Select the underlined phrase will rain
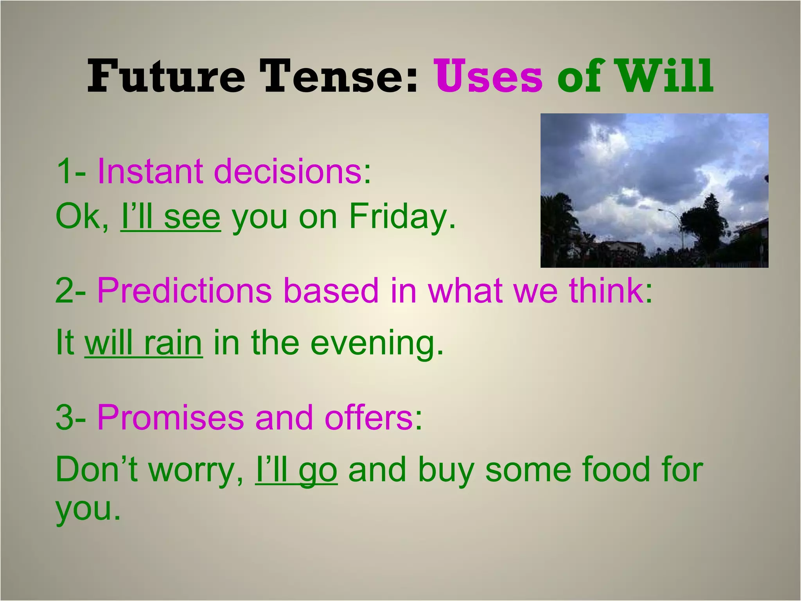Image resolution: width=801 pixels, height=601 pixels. click(x=144, y=343)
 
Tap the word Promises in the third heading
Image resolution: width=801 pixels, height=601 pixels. click(x=170, y=417)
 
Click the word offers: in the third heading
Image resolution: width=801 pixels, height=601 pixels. click(x=374, y=417)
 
